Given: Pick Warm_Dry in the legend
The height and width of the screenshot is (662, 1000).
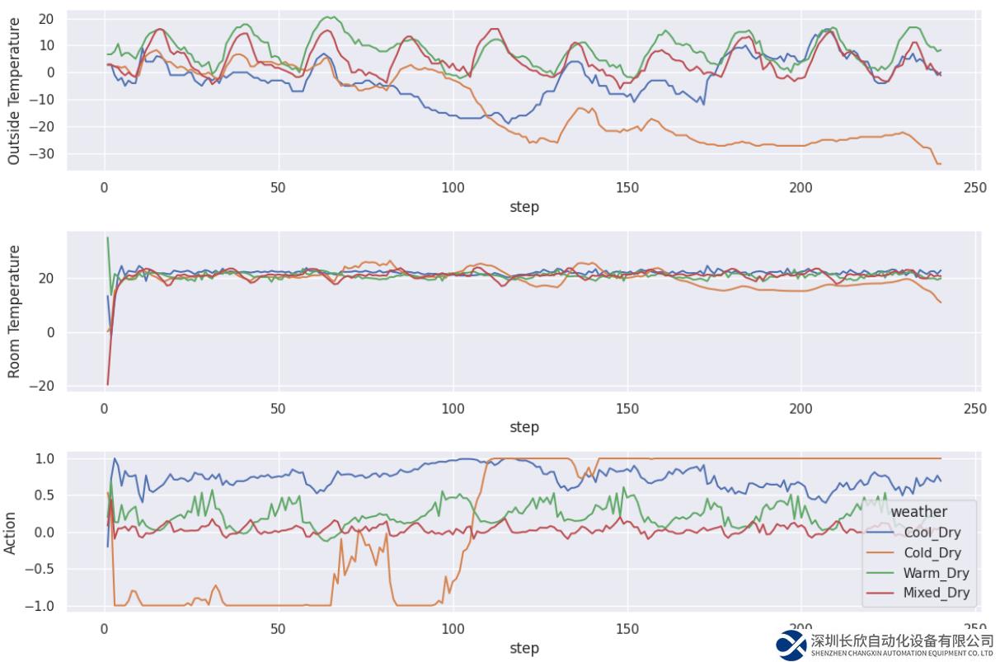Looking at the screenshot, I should pyautogui.click(x=936, y=573).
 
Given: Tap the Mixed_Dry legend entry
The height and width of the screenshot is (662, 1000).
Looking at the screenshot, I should pyautogui.click(x=936, y=593).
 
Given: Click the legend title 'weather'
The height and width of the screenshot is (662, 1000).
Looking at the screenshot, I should pyautogui.click(x=918, y=512).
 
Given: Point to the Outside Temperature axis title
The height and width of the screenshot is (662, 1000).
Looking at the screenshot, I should pyautogui.click(x=14, y=91).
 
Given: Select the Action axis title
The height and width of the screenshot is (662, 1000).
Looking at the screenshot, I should pyautogui.click(x=11, y=533).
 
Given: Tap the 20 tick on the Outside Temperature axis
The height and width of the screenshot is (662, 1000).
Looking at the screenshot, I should pyautogui.click(x=47, y=18).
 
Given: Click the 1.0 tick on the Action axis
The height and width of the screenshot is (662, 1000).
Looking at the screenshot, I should pyautogui.click(x=45, y=458).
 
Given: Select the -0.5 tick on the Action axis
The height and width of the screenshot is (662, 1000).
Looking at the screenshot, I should pyautogui.click(x=42, y=570).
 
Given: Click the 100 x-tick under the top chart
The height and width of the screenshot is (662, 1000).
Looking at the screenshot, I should pyautogui.click(x=453, y=188).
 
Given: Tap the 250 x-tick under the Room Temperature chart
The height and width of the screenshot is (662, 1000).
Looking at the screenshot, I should pyautogui.click(x=974, y=408).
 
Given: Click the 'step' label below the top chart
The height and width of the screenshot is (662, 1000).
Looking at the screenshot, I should pyautogui.click(x=524, y=207).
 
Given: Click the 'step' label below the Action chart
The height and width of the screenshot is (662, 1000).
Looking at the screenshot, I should pyautogui.click(x=524, y=648).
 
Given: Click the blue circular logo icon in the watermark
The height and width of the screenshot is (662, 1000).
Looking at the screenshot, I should pyautogui.click(x=791, y=645).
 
